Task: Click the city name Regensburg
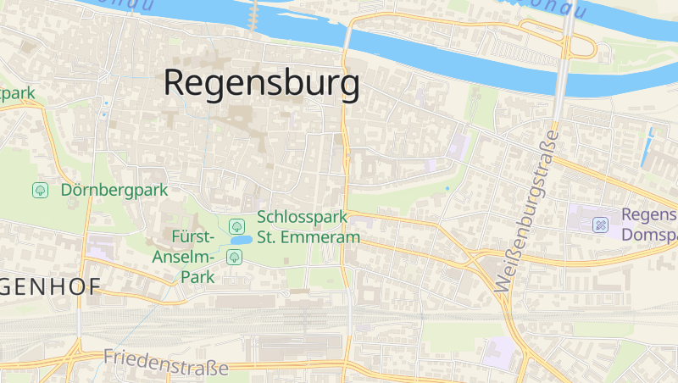261,83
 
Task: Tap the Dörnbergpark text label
114,191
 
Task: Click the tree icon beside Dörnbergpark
40,191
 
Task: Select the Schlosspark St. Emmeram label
308,227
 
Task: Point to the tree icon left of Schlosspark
236,226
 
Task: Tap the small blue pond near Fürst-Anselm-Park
239,241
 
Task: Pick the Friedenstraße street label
166,363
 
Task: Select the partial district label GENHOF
47,286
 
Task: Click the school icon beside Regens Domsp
600,225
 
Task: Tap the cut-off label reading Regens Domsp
649,225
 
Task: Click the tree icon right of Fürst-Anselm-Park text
233,256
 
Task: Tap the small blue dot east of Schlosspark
447,187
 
